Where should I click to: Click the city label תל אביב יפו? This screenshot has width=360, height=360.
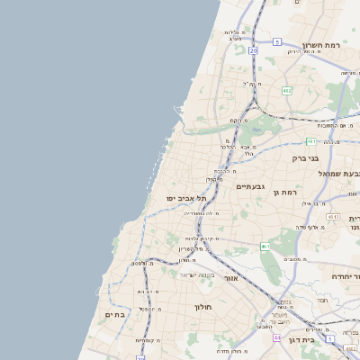[x=186, y=198]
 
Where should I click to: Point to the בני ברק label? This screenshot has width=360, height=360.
[x=306, y=157]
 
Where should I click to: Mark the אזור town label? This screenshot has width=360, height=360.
[x=229, y=279]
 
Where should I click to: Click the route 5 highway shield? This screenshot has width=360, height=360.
[x=278, y=42]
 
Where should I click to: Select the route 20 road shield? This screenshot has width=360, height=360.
[x=254, y=50]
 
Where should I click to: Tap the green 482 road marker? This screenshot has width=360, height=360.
[x=286, y=90]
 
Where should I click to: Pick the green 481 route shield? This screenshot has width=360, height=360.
[x=310, y=141]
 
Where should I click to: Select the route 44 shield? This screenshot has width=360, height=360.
[x=277, y=337]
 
